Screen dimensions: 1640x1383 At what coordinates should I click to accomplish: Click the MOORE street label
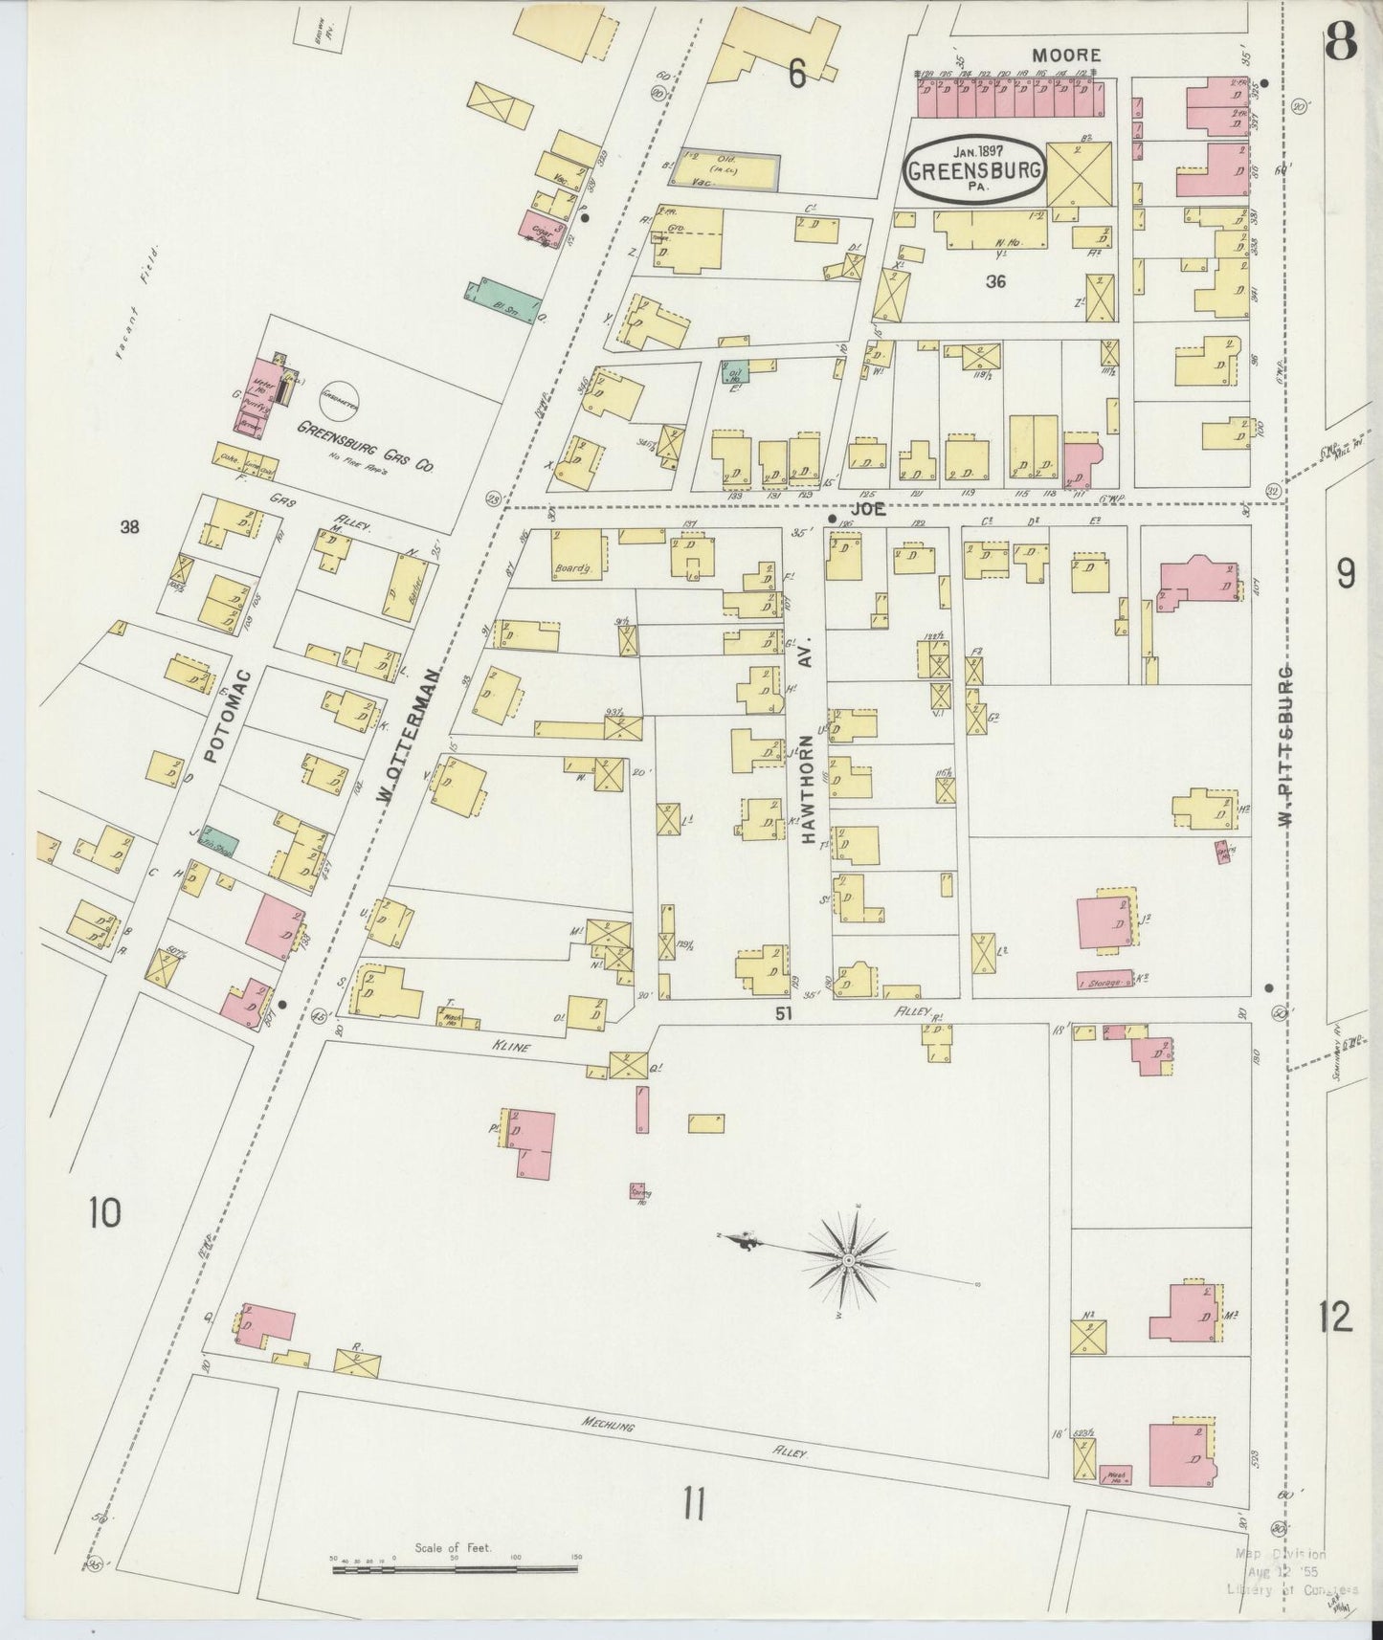pos(1066,56)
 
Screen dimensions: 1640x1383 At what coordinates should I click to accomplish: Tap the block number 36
pos(995,282)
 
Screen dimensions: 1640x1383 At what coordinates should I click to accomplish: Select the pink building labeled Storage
pos(1102,982)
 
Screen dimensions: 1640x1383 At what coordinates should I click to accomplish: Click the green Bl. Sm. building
pos(502,302)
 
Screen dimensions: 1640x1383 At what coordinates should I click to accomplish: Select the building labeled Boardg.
pos(576,553)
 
